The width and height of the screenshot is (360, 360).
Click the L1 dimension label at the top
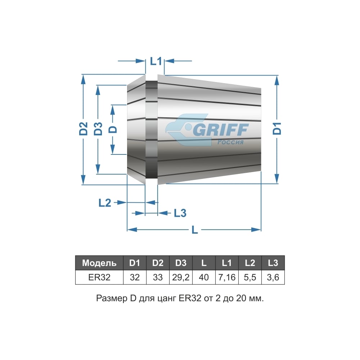coord(156,61)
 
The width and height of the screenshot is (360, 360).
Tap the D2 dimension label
coord(84,129)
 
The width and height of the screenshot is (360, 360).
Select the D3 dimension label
coord(98,129)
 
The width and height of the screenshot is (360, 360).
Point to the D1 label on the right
coord(277,129)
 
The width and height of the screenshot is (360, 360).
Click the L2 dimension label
coord(105,203)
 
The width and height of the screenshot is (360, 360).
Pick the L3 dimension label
coord(180,213)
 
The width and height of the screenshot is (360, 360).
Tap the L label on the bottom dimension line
coord(195,229)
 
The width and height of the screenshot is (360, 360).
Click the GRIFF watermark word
coord(221,130)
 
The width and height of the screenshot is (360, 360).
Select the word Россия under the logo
coord(230,142)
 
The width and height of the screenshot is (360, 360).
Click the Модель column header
coord(99,263)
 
